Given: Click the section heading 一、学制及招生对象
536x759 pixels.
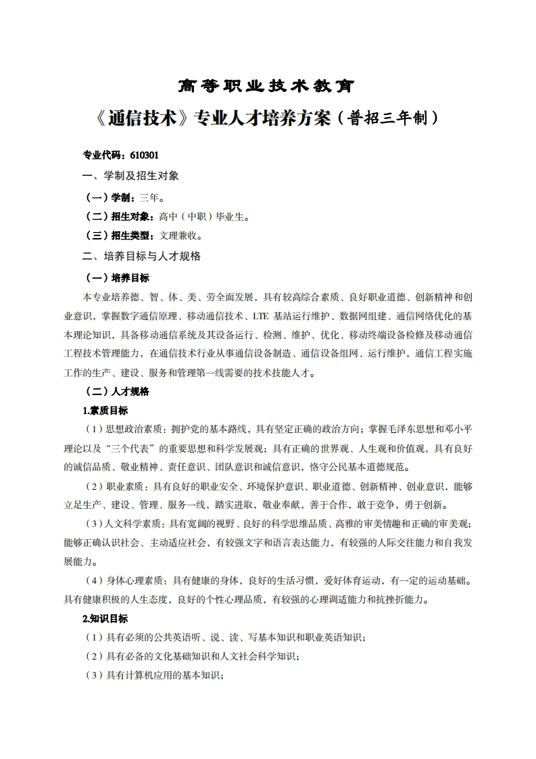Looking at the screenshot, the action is (130, 176).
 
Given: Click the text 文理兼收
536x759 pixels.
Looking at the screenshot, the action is (178, 236).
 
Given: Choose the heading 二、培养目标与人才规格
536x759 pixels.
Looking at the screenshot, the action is (141, 256).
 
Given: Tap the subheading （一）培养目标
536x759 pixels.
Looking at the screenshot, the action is (116, 277).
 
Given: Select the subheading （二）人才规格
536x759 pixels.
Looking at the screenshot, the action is (116, 391).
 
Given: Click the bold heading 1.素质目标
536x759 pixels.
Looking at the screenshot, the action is (105, 410).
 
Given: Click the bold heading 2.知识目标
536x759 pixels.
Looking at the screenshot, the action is (105, 618).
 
